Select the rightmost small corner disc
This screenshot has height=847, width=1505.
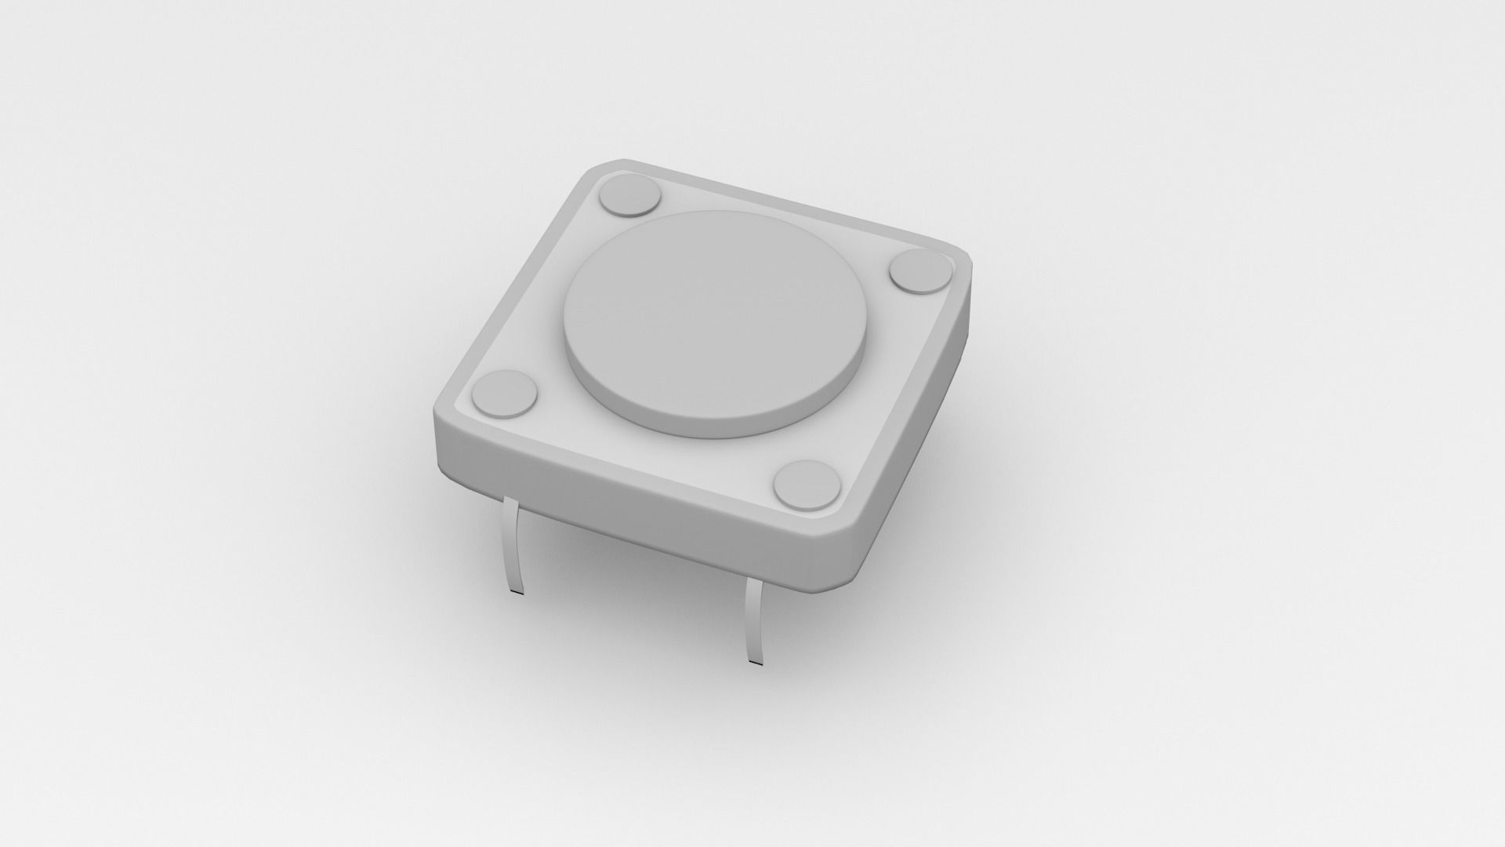[922, 271]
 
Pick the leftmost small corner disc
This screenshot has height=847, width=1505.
[505, 392]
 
